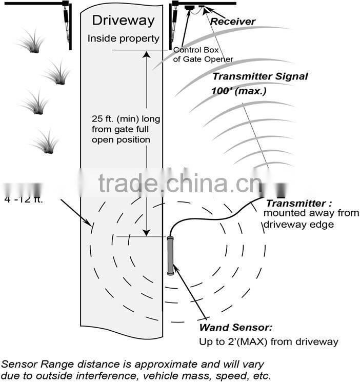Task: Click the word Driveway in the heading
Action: point(123,21)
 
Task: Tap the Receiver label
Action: point(233,22)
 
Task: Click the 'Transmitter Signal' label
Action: point(260,77)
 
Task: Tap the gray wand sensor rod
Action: point(171,256)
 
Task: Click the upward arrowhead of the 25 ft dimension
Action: point(147,54)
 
